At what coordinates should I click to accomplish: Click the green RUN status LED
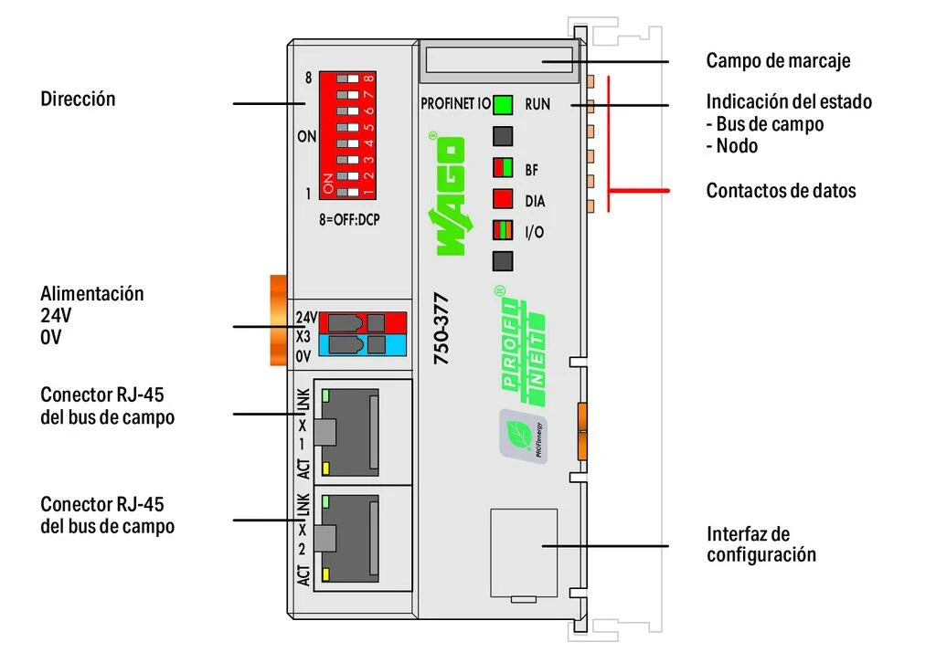tap(502, 104)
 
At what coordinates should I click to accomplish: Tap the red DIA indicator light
tap(502, 200)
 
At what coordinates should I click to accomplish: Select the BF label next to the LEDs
tap(533, 169)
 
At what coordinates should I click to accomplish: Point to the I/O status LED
tap(502, 231)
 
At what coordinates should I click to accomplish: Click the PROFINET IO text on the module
tap(455, 104)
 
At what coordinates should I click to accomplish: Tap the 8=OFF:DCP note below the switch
tap(349, 219)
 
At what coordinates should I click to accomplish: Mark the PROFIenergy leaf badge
tap(522, 437)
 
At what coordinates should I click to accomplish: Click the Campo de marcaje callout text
tap(778, 61)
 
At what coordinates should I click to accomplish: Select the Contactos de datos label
tap(781, 191)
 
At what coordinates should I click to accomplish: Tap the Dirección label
tap(78, 99)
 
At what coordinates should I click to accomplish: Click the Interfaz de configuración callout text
tap(760, 544)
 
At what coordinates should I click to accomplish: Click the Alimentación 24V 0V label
tap(91, 315)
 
